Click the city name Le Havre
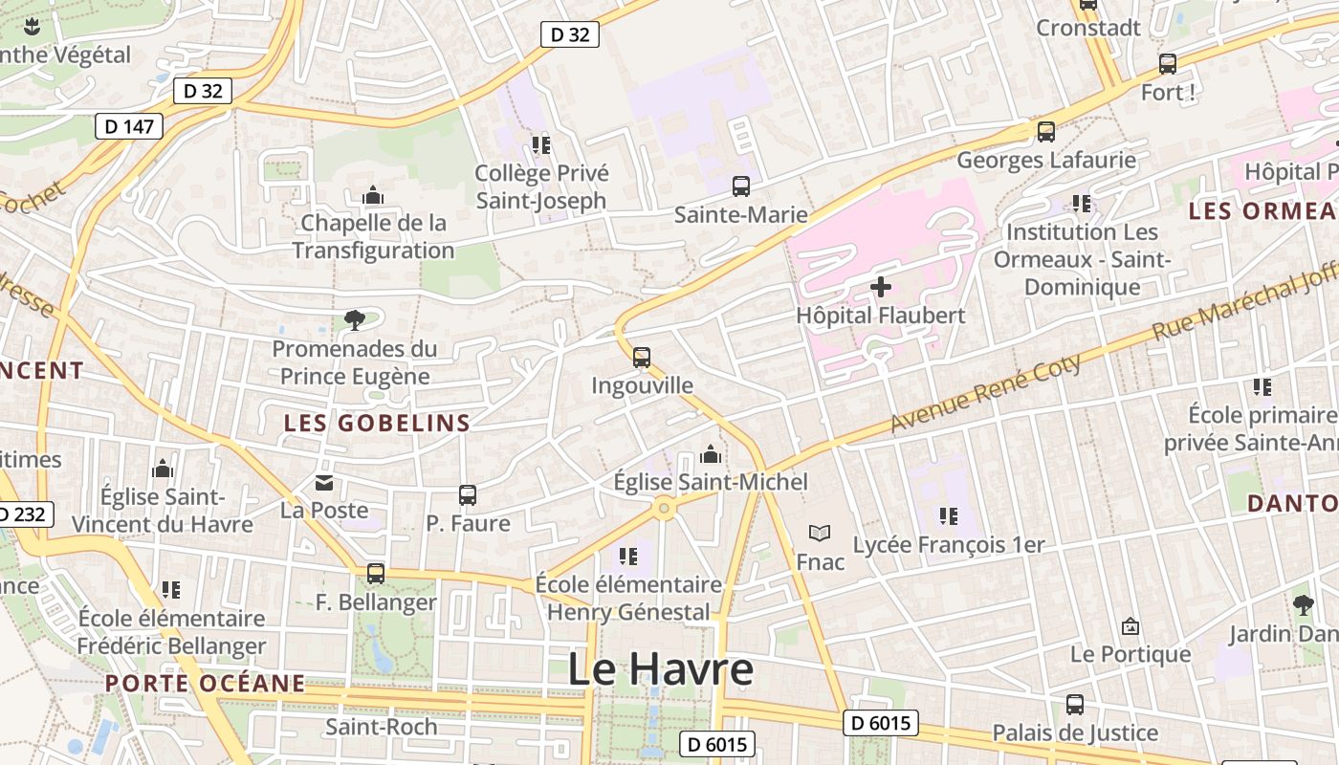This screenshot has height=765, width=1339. [x=660, y=668]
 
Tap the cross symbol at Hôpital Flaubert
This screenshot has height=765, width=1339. [x=881, y=286]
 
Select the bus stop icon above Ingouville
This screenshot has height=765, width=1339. [x=642, y=358]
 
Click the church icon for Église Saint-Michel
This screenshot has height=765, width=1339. [x=711, y=453]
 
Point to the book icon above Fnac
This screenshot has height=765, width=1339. [x=820, y=533]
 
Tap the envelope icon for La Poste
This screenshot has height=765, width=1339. [x=324, y=483]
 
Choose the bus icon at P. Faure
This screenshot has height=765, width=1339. [x=468, y=494]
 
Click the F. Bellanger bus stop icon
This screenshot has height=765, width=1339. [x=376, y=574]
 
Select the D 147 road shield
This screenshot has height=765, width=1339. [x=129, y=126]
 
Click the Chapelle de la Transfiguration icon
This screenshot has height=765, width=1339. [x=373, y=196]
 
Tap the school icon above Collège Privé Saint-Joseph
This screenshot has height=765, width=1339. [x=541, y=145]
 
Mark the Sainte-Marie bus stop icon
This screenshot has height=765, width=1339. [x=741, y=186]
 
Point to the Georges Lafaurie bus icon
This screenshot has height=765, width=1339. [x=1046, y=132]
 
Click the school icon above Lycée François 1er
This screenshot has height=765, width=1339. [x=949, y=516]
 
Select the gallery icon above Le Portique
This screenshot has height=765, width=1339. [x=1130, y=626]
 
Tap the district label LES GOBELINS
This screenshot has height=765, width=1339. [x=377, y=423]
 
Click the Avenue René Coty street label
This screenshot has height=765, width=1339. [x=986, y=392]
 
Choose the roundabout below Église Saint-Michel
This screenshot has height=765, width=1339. [x=664, y=509]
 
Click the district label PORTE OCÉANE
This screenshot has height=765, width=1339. [x=205, y=683]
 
